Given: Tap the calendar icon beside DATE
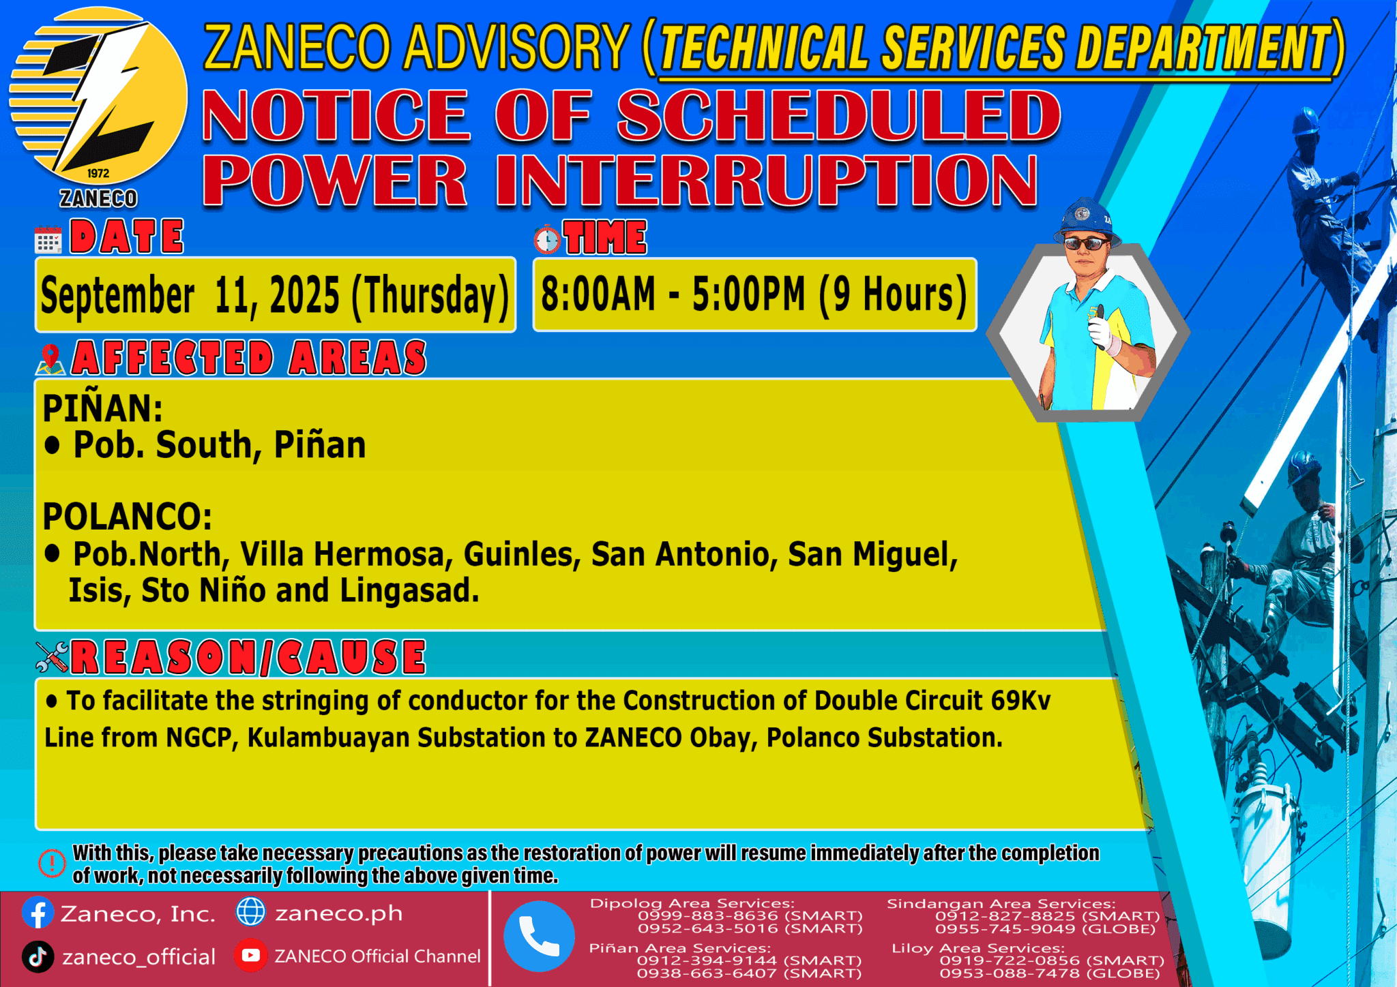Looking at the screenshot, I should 48,240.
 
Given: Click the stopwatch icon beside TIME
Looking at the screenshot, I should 547,239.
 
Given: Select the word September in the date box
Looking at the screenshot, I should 117,296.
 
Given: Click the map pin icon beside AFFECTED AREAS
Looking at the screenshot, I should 50,359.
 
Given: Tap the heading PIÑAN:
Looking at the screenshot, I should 103,408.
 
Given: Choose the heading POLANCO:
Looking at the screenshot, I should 128,516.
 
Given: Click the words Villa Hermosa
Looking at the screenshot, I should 347,554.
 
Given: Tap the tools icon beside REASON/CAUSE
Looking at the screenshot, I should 52,657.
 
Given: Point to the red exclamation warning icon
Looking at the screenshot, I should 52,863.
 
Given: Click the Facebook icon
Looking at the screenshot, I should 38,913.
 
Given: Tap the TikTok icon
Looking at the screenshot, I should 38,956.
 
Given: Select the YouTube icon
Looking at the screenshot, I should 250,956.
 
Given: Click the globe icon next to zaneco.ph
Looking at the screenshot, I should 250,912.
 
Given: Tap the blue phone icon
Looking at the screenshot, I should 539,936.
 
